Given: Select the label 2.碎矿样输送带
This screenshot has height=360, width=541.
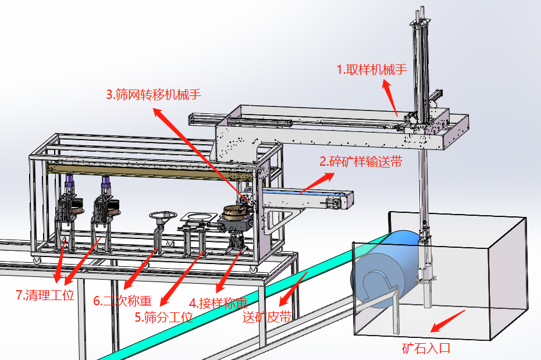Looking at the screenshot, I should [x=360, y=161].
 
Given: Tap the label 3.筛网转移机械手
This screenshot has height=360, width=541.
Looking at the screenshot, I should [x=154, y=95].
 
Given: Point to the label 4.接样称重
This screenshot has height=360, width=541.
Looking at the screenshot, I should [x=218, y=303].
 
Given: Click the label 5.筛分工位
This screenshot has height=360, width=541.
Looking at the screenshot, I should [x=163, y=317].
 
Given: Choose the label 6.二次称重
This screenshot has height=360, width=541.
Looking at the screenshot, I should [x=122, y=301].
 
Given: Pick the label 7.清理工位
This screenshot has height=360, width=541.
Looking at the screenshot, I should [x=45, y=295].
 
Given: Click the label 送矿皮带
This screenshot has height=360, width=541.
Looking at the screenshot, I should [x=266, y=317].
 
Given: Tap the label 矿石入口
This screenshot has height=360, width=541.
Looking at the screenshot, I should [x=426, y=348].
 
